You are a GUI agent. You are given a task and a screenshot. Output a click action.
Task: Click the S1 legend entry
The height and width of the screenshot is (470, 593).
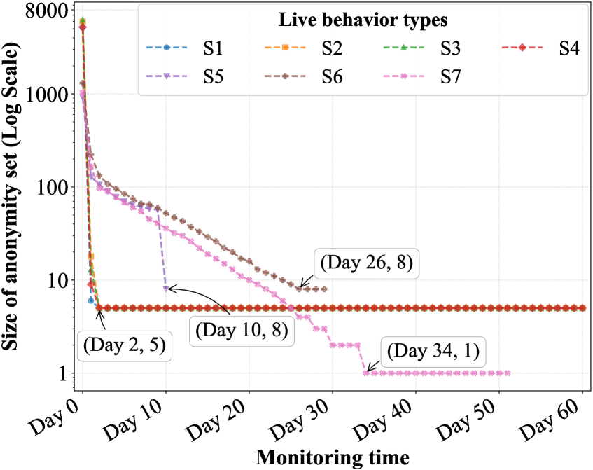[189, 48]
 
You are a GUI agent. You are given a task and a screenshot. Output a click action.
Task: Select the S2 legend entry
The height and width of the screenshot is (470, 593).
[309, 48]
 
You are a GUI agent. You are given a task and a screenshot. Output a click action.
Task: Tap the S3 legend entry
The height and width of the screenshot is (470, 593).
[427, 48]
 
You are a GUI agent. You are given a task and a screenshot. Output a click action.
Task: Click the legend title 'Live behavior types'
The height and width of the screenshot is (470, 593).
[363, 20]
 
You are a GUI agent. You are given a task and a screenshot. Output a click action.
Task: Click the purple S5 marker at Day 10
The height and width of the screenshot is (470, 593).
[166, 289]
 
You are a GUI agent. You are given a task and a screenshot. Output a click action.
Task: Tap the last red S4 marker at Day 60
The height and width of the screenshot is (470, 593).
[582, 308]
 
